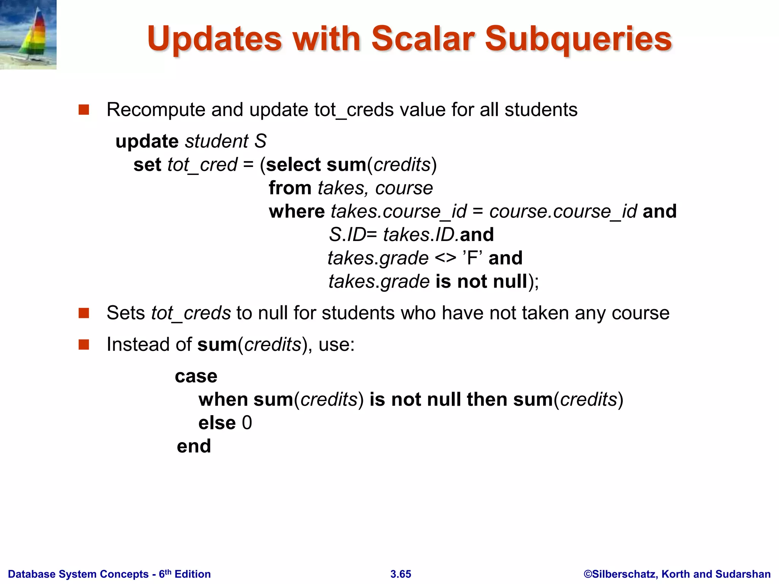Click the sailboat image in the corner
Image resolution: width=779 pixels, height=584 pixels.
(28, 35)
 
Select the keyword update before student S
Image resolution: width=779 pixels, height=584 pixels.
(147, 141)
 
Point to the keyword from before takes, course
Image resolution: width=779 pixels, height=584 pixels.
(290, 188)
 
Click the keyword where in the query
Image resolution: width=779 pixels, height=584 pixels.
(297, 211)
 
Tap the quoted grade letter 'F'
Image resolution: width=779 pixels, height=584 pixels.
(472, 258)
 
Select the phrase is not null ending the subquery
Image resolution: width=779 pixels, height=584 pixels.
(481, 282)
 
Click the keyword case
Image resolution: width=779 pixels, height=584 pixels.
(196, 376)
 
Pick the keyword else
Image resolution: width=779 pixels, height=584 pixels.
(217, 423)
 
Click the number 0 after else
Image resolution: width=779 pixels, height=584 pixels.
(247, 423)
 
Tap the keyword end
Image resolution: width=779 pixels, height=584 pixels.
(194, 446)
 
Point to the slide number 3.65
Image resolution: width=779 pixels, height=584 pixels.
(401, 574)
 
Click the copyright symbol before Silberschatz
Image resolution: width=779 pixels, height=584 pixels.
(588, 574)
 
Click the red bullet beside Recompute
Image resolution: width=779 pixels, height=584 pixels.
(84, 110)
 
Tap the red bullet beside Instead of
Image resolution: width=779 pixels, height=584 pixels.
(84, 344)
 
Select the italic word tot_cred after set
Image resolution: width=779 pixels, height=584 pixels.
(202, 165)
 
